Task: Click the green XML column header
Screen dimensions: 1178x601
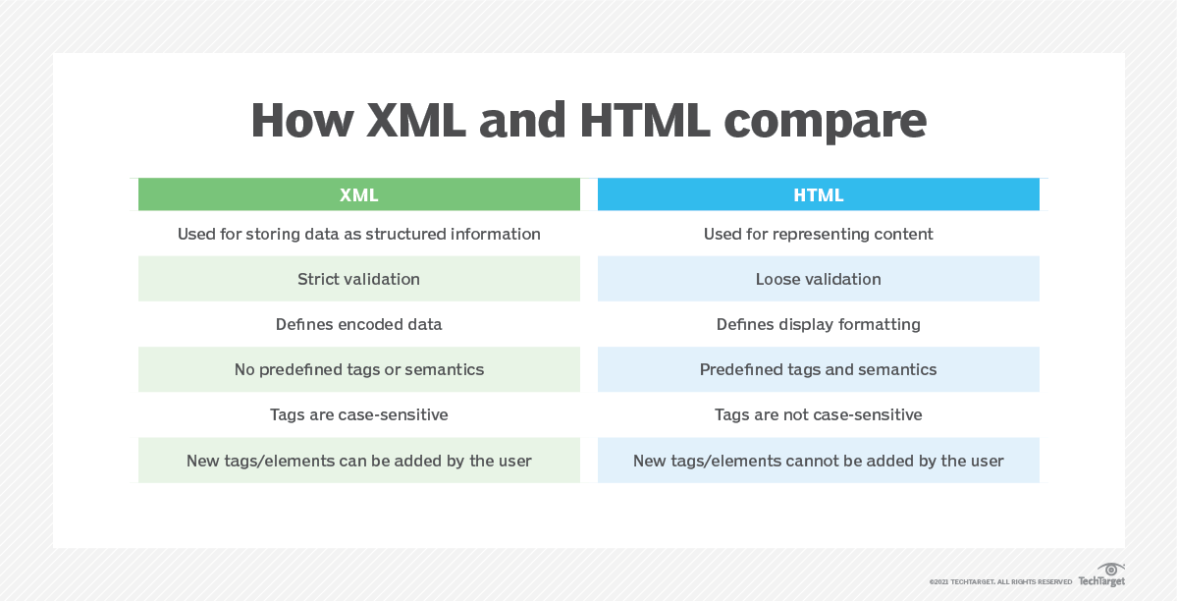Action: point(359,194)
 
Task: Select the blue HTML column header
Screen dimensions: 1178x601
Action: point(819,194)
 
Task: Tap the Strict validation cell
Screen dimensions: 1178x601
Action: point(359,278)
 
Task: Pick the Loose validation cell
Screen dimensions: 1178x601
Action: point(819,278)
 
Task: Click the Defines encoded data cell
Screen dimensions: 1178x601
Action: point(359,324)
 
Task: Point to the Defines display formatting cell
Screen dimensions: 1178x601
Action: point(819,324)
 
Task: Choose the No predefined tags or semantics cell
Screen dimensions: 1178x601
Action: point(359,369)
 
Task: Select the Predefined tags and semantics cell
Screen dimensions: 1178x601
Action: point(819,369)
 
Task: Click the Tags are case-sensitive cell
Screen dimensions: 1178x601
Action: point(359,414)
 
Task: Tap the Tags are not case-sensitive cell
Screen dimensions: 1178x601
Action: point(819,414)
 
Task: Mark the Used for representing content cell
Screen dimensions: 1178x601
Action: point(819,234)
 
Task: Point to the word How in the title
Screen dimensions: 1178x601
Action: point(302,121)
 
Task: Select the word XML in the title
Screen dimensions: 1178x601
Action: point(416,121)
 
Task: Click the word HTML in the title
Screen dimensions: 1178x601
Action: point(645,121)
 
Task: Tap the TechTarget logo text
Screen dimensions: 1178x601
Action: point(1101,581)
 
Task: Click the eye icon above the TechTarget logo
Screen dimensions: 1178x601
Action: point(1110,570)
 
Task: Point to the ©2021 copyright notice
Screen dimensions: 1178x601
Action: point(1000,582)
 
